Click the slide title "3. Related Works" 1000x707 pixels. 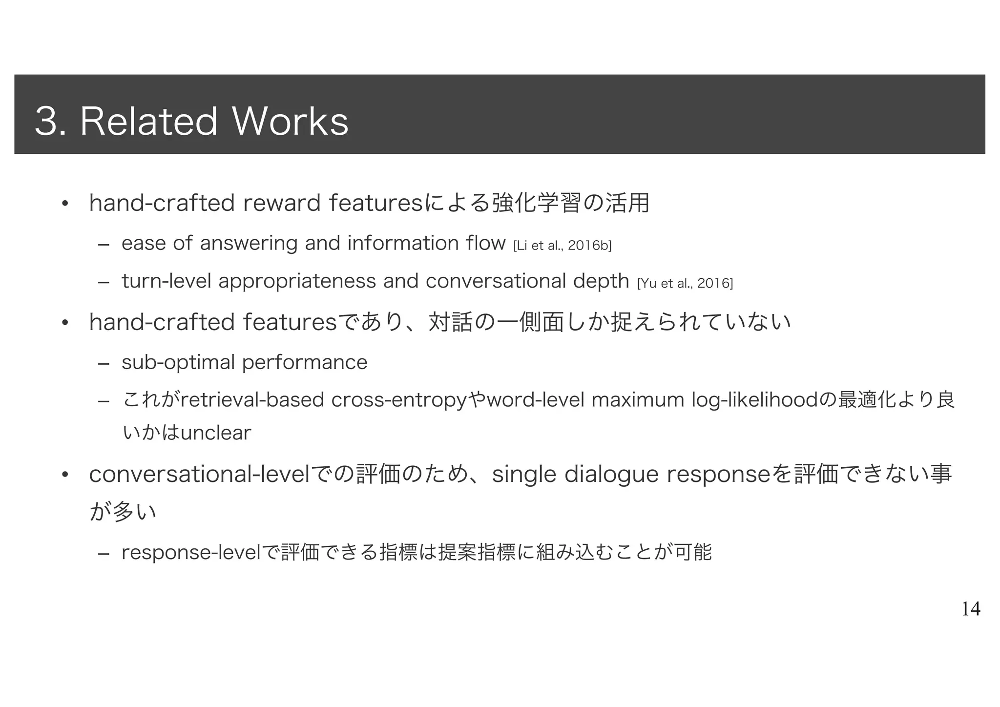pos(191,121)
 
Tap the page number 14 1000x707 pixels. pos(971,609)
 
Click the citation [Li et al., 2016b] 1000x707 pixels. pos(562,245)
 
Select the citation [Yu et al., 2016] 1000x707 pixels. pos(685,283)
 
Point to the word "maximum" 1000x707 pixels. pos(638,400)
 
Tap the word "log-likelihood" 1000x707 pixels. pos(755,400)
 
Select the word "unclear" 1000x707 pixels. pos(216,433)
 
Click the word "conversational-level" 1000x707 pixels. pos(199,475)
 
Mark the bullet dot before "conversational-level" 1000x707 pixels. pos(64,475)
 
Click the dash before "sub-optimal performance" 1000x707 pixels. pos(103,363)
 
